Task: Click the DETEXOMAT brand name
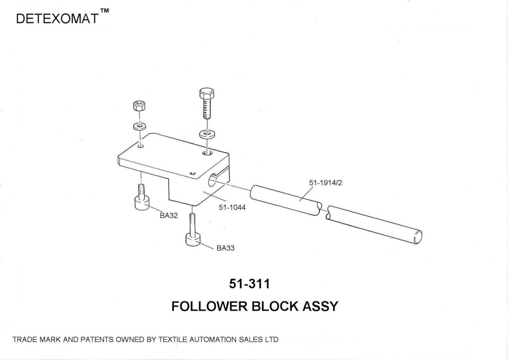(x=57, y=19)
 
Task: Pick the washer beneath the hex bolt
(x=206, y=134)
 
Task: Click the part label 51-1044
(x=232, y=208)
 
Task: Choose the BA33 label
(x=225, y=249)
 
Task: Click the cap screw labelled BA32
(x=141, y=197)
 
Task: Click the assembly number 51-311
(x=250, y=284)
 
